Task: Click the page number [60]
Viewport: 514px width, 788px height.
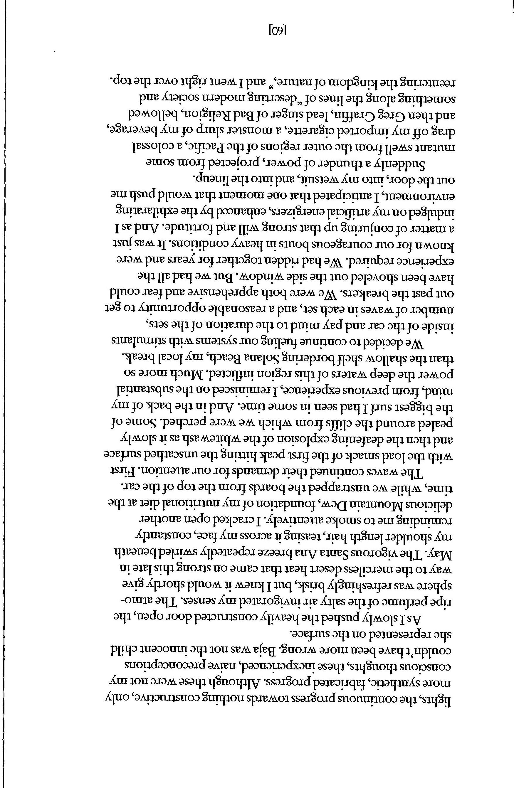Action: pyautogui.click(x=277, y=31)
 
